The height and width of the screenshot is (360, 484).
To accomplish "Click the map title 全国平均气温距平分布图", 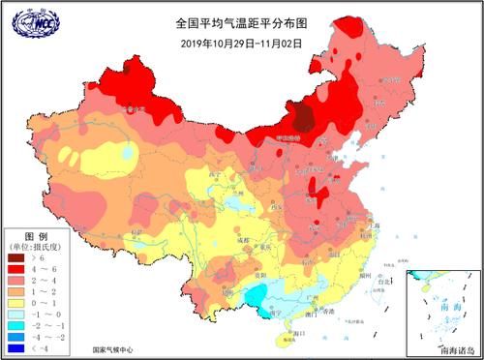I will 241,20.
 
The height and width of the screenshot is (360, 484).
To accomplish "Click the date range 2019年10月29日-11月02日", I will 241,42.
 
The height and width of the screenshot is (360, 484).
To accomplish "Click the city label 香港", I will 330,310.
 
